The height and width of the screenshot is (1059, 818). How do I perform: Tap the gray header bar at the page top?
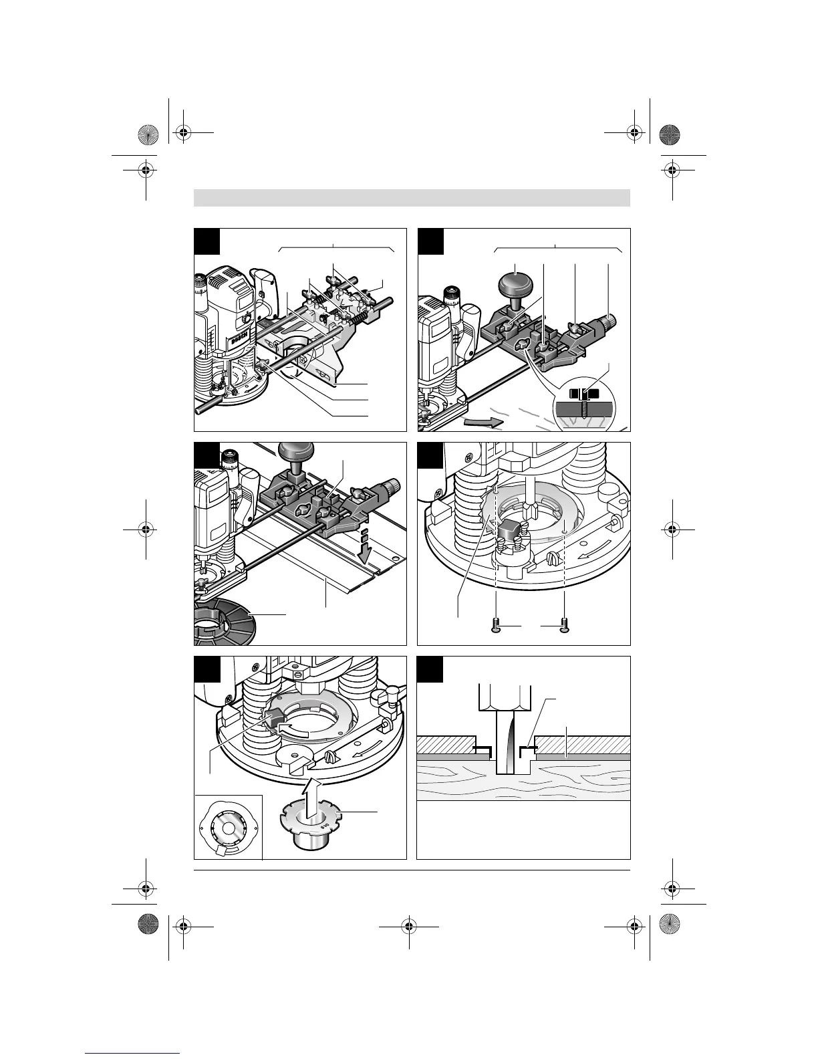coord(412,198)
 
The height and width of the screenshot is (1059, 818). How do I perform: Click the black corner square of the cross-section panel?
coord(430,669)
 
